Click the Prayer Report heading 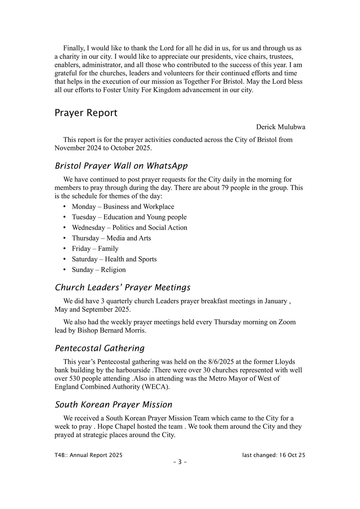(x=86, y=113)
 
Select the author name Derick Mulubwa (x=280, y=127)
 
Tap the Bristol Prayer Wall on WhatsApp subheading (x=121, y=166)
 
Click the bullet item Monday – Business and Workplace (x=123, y=206)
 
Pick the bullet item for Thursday (x=111, y=238)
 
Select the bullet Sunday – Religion (x=99, y=270)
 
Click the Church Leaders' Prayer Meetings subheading (x=122, y=287)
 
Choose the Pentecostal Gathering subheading (x=100, y=348)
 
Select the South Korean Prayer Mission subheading (x=113, y=404)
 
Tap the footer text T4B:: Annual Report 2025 (x=88, y=455)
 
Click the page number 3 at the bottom (x=180, y=462)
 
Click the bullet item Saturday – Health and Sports (x=114, y=259)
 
